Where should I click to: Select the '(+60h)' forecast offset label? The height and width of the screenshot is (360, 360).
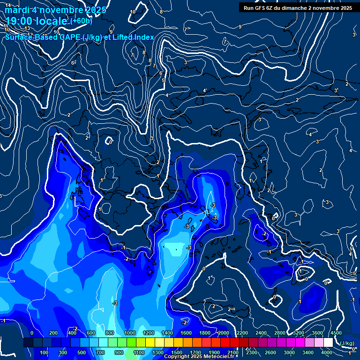point(81,21)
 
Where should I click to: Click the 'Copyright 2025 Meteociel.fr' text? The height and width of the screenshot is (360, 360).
point(199,357)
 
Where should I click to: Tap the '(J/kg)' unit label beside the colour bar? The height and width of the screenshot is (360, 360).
point(346,343)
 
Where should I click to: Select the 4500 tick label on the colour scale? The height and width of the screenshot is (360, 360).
point(336,333)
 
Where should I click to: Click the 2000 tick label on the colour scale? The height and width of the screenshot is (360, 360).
point(223,333)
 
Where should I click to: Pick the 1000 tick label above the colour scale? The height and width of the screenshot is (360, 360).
point(130,333)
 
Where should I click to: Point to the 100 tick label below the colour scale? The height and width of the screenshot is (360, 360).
point(45,352)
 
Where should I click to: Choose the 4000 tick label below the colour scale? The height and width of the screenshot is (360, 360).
point(327,352)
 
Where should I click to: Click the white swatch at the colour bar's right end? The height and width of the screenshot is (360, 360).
point(328,343)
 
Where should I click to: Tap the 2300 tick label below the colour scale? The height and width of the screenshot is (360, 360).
point(252,352)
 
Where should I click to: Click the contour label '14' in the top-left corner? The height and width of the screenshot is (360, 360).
point(8,5)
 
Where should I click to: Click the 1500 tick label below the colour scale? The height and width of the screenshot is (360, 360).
point(176,352)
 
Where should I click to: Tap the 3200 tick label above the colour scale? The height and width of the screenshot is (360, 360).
point(299,333)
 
